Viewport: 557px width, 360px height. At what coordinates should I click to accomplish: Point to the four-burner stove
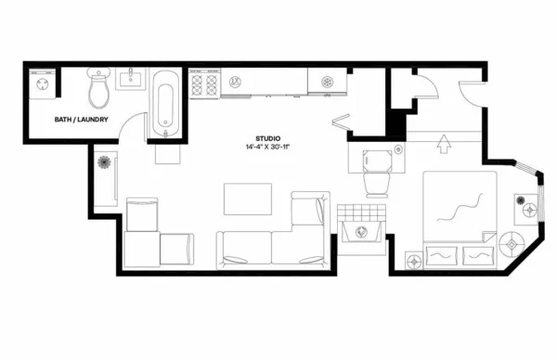202,85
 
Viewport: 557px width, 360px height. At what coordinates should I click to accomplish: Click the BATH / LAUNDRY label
82,120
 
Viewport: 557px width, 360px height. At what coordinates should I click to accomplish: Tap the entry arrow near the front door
443,144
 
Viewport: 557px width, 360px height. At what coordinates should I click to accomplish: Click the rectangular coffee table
248,199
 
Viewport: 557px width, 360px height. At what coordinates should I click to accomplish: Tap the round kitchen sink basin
326,83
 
